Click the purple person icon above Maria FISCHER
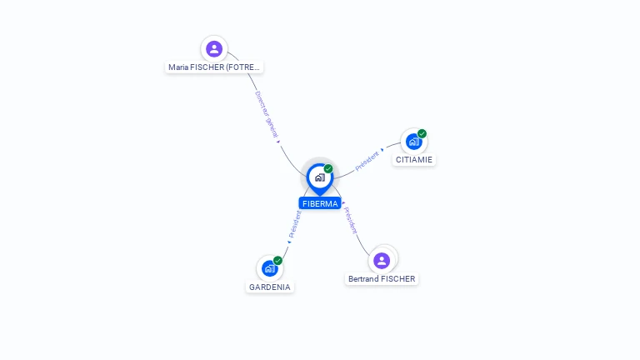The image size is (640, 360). pyautogui.click(x=214, y=48)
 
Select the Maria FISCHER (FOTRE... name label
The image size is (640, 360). pyautogui.click(x=214, y=67)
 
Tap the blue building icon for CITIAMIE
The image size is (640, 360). pyautogui.click(x=413, y=142)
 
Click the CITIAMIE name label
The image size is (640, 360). pyautogui.click(x=414, y=159)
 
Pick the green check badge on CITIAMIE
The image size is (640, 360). pyautogui.click(x=422, y=133)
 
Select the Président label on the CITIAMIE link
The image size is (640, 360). pyautogui.click(x=367, y=161)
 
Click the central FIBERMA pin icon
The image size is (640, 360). pyautogui.click(x=319, y=177)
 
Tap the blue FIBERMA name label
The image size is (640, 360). pyautogui.click(x=320, y=203)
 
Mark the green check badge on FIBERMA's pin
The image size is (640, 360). pyautogui.click(x=328, y=168)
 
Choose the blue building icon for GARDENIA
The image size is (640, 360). pyautogui.click(x=269, y=268)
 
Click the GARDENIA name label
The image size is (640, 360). pyautogui.click(x=270, y=287)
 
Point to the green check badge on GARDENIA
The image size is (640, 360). pyautogui.click(x=278, y=260)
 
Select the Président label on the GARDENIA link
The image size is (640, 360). pyautogui.click(x=295, y=224)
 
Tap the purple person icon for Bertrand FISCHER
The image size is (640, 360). pyautogui.click(x=382, y=260)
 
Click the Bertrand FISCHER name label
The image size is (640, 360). pyautogui.click(x=382, y=278)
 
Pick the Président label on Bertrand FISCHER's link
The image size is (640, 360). pyautogui.click(x=351, y=218)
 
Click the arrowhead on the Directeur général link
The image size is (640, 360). pyautogui.click(x=278, y=142)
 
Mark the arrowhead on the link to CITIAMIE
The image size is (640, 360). pyautogui.click(x=382, y=151)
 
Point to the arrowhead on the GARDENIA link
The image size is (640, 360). pyautogui.click(x=289, y=242)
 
